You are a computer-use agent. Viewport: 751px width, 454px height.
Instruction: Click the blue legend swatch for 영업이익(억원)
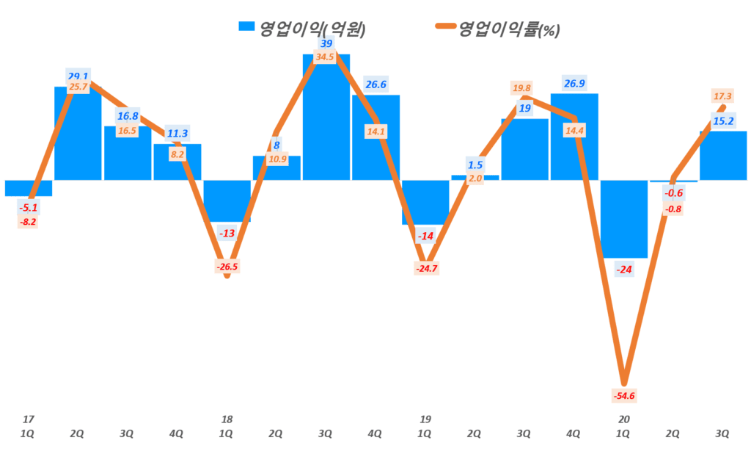coord(247,27)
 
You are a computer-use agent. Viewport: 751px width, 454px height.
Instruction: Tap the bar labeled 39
coord(326,118)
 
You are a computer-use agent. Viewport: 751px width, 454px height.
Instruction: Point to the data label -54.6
coord(623,397)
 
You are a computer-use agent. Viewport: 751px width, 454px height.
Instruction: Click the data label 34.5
coord(326,57)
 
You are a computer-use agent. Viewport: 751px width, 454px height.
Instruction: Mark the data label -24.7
coord(425,269)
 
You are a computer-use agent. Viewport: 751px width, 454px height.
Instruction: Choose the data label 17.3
coord(723,96)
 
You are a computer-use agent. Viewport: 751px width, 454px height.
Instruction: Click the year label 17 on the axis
coord(27,419)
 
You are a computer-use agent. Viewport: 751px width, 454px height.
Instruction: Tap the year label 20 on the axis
coord(624,419)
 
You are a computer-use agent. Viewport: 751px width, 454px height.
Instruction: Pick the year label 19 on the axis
coord(425,419)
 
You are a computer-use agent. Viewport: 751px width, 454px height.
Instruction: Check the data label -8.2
coord(27,221)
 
